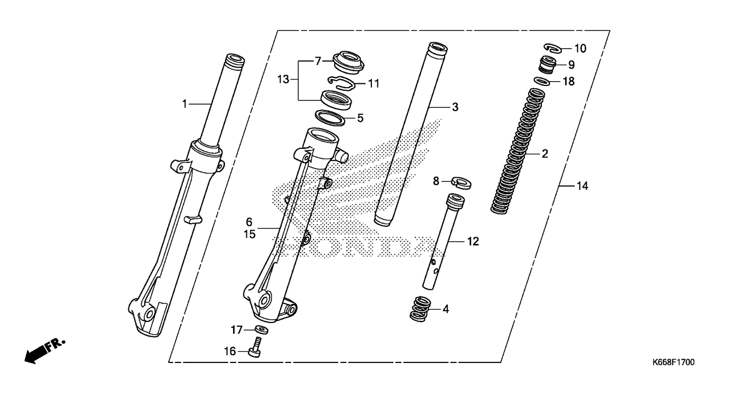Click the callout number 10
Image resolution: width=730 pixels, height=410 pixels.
click(x=580, y=49)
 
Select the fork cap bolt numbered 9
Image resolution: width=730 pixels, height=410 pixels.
click(x=547, y=65)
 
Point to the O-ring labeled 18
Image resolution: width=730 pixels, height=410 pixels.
click(x=542, y=82)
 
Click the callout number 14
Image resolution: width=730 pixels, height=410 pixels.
click(x=583, y=186)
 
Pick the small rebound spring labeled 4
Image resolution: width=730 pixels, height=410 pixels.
click(x=421, y=309)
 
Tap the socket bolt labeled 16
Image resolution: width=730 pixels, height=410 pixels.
click(x=255, y=348)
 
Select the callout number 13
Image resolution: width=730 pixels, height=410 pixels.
click(x=283, y=79)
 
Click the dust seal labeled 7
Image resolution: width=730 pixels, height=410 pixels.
click(x=348, y=63)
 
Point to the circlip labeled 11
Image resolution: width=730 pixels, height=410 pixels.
click(x=341, y=83)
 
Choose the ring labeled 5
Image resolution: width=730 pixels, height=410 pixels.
click(x=330, y=119)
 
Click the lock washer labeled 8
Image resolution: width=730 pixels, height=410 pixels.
click(x=461, y=183)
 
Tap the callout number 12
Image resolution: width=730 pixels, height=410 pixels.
click(x=473, y=242)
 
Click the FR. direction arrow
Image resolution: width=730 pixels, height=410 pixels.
click(x=45, y=351)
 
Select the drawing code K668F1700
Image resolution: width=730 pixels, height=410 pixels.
click(x=673, y=362)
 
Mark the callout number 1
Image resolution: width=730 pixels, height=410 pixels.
click(x=184, y=104)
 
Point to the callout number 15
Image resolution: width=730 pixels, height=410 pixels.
click(x=250, y=234)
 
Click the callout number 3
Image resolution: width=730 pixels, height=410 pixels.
click(x=455, y=107)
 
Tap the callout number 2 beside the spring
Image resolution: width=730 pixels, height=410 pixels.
click(x=545, y=154)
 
